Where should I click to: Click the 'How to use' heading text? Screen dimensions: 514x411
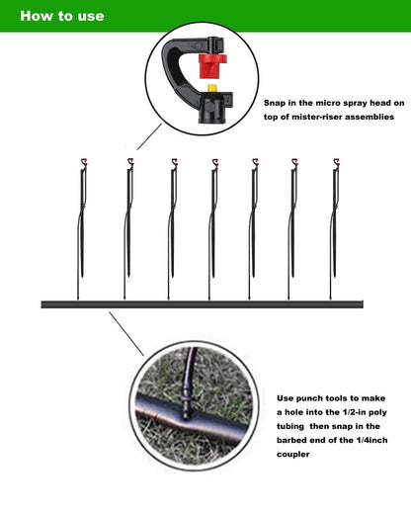point(61,16)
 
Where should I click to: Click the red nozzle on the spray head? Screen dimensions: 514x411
point(208,68)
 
